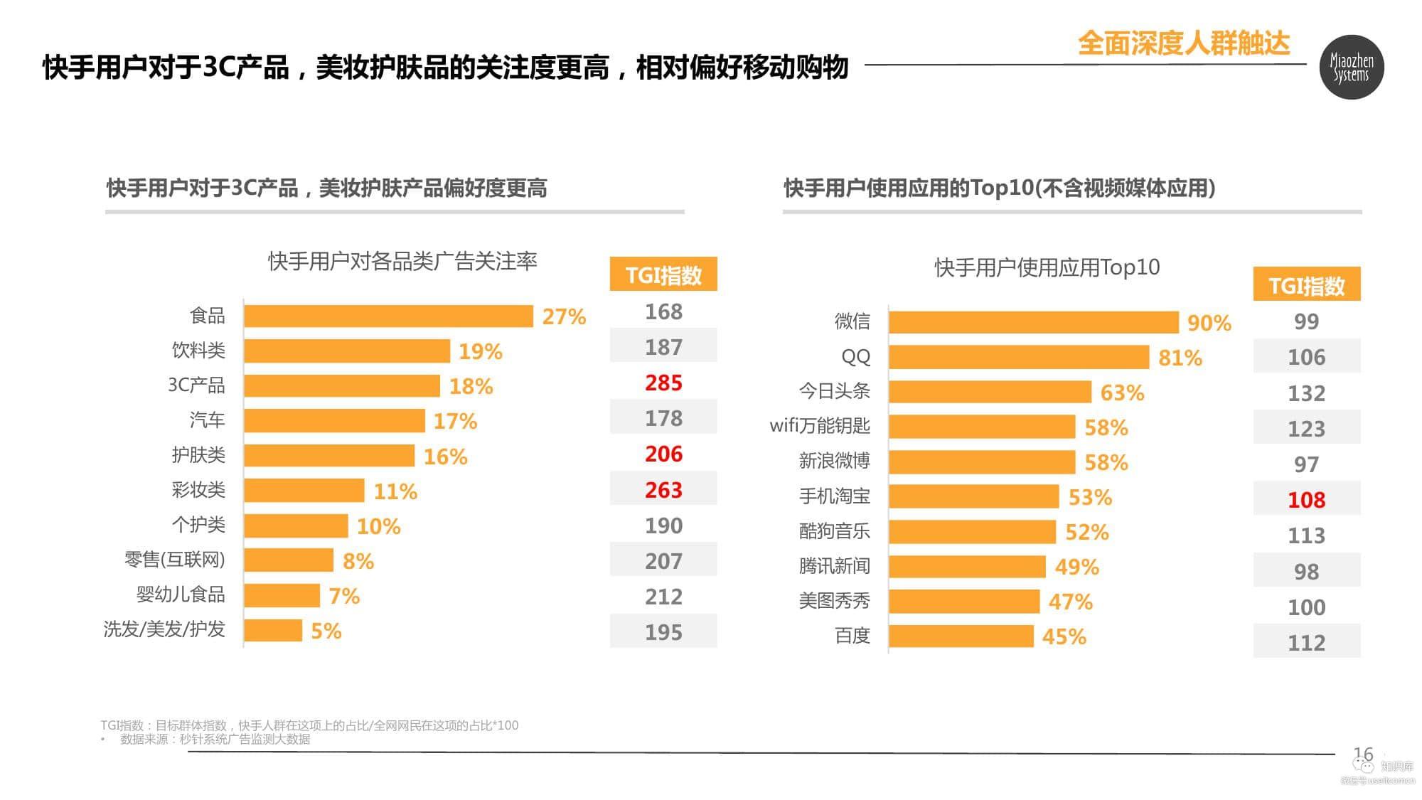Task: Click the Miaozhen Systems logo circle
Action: tap(1351, 67)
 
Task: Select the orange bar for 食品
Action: tap(388, 316)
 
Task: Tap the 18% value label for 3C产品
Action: tap(471, 386)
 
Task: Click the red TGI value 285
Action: tap(663, 383)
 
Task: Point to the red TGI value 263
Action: tap(663, 490)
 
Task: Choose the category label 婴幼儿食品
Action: tap(181, 594)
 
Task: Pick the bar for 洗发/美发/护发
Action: tap(273, 630)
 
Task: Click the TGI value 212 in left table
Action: tap(663, 597)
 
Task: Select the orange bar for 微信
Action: tap(1033, 322)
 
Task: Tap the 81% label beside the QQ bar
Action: tap(1180, 358)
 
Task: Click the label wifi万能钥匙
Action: tap(820, 426)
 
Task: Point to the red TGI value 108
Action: tap(1306, 500)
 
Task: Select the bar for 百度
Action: tap(961, 636)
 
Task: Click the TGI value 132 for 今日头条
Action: tap(1306, 393)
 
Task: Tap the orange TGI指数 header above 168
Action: tap(663, 274)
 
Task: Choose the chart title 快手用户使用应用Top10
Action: tap(1047, 267)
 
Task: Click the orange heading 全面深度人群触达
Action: tap(1183, 43)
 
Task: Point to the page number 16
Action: tap(1362, 754)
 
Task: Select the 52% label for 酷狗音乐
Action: tap(1086, 532)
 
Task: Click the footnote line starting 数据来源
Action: tap(215, 740)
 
